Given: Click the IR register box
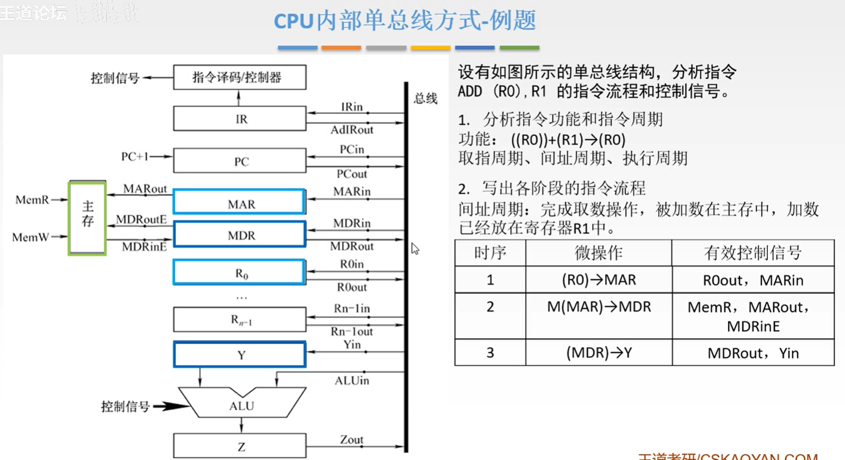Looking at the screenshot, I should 240,119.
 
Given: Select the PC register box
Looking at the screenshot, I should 240,161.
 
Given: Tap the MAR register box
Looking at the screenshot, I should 240,203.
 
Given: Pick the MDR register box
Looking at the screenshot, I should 240,235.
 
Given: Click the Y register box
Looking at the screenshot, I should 240,355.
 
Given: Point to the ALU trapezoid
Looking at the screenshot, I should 242,406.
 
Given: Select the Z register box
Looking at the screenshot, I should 240,446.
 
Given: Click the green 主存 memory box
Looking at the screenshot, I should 87,217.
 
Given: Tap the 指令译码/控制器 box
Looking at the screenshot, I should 240,77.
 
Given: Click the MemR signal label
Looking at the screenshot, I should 32,200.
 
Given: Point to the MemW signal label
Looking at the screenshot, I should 30,237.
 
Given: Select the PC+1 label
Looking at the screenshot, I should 134,157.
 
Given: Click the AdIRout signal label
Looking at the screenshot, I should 352,130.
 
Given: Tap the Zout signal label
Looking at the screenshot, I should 351,439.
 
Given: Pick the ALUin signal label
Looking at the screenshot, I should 351,381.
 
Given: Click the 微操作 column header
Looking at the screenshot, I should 598,253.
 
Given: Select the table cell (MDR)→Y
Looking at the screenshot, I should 599,353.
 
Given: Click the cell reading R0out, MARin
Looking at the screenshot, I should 753,280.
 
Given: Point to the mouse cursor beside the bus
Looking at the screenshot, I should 415,248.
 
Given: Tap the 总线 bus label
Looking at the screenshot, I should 425,98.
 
